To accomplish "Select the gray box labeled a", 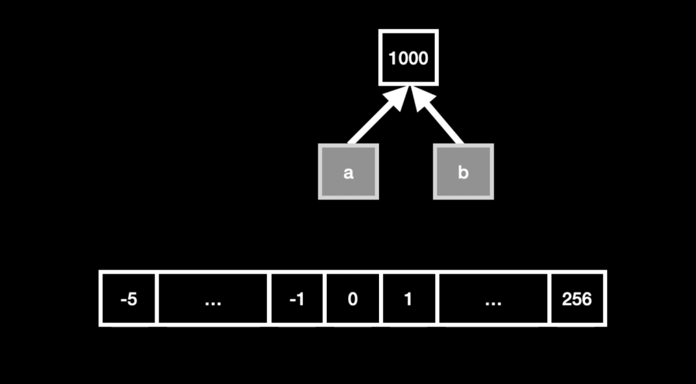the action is [x=349, y=171].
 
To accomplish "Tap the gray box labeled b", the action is [x=463, y=171].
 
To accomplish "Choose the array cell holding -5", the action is [x=129, y=298].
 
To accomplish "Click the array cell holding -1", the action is [x=296, y=298].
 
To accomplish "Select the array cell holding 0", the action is [x=353, y=298].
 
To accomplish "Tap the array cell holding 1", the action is [x=409, y=298].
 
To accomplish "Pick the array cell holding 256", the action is [x=577, y=298].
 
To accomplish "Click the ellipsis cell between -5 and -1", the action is [x=213, y=298].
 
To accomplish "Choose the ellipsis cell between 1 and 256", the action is [x=493, y=298].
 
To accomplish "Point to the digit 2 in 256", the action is [x=567, y=300].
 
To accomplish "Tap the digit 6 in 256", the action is [x=587, y=300].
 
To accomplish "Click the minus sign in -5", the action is [x=123, y=301].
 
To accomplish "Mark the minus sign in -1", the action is [x=292, y=301].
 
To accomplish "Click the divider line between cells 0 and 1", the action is [x=381, y=298].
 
